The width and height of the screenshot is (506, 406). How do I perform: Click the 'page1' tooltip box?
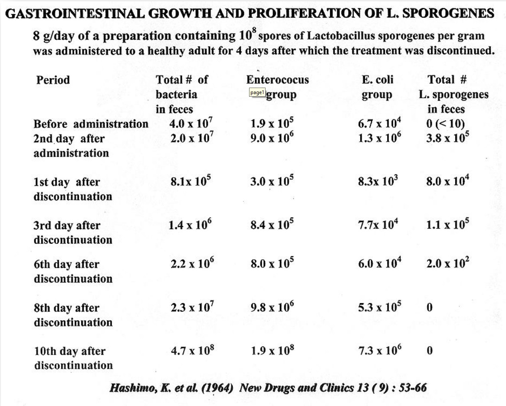(257, 92)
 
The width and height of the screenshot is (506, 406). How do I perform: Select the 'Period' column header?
(53, 80)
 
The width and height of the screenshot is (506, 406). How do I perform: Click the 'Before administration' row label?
(91, 124)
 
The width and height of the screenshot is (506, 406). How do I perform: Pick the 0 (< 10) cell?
(446, 124)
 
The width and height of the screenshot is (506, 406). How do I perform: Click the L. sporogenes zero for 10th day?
(430, 351)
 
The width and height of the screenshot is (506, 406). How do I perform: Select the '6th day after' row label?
(66, 265)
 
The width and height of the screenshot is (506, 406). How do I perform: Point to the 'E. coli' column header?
(377, 80)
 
